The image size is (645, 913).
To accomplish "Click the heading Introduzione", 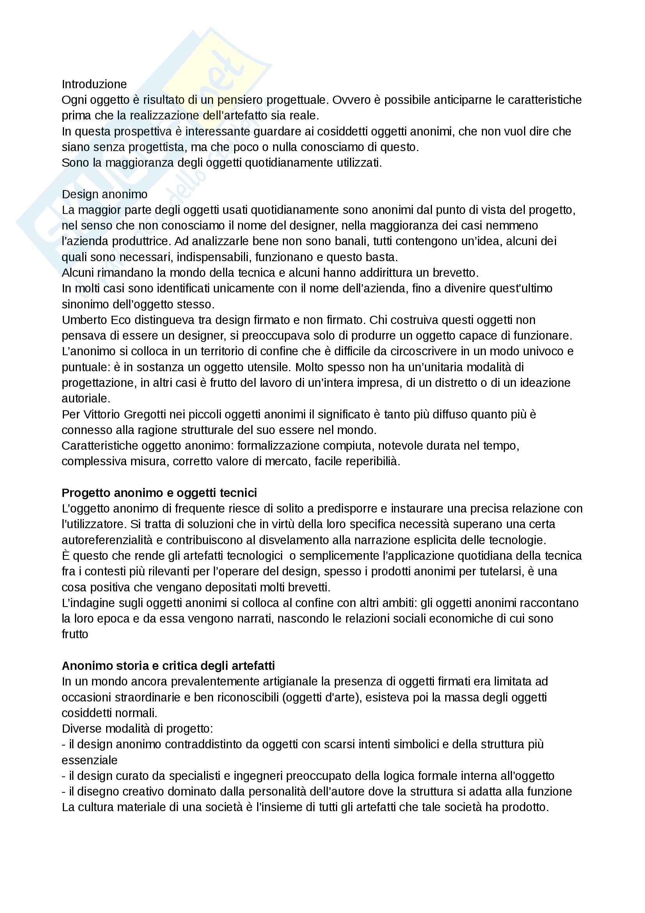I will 94,84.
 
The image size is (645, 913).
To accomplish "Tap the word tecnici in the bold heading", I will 238,493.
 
